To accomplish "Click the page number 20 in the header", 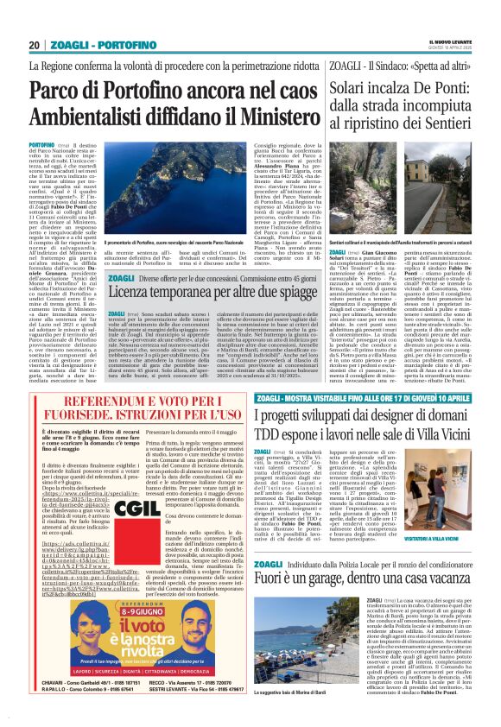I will (x=35, y=45).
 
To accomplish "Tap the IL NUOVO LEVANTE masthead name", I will (x=448, y=41).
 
